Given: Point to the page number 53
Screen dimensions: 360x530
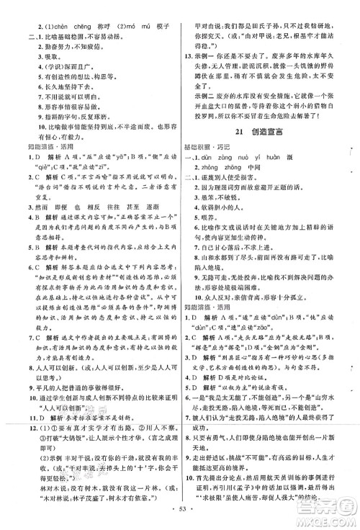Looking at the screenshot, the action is pos(180,521).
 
